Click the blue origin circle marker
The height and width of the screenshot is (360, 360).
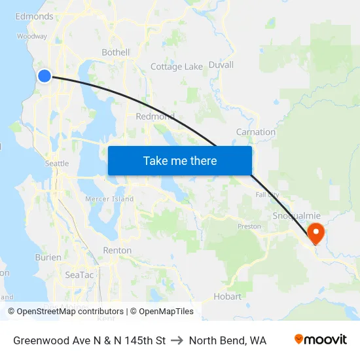45,76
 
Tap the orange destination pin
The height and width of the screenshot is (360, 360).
315,232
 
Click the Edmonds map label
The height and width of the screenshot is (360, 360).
34,16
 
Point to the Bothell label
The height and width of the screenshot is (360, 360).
116,52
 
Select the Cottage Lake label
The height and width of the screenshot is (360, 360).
177,67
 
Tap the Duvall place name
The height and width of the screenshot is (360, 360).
221,65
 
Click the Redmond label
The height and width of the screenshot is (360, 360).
154,117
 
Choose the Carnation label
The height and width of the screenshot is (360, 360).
255,132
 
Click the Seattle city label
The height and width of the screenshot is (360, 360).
56,164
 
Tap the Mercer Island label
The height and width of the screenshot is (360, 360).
109,199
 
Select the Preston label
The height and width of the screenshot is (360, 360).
249,227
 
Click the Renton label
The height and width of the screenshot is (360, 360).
117,250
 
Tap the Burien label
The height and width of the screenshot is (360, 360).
48,258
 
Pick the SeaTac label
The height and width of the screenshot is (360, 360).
79,275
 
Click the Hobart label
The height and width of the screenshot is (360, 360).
227,297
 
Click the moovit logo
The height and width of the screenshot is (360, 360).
321,340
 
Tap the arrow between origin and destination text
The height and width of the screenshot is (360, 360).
177,340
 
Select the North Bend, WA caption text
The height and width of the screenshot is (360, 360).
227,340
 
